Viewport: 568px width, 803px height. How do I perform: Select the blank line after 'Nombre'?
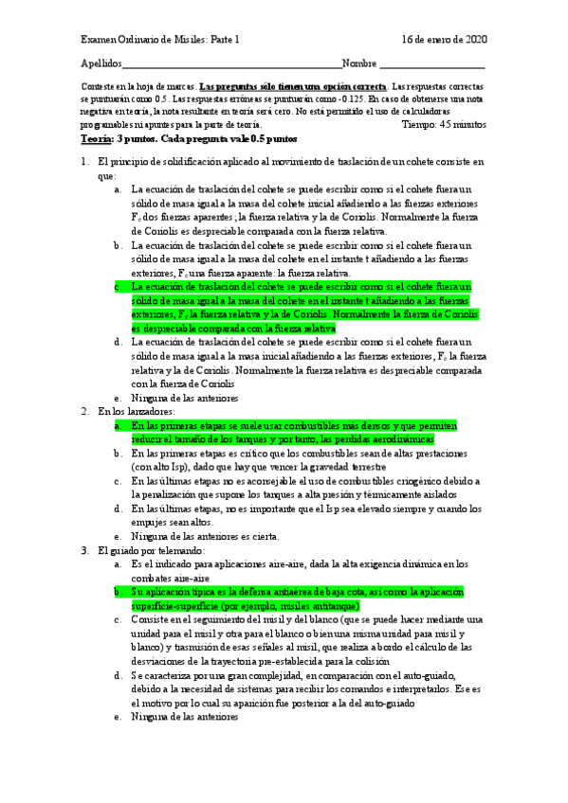pos(431,64)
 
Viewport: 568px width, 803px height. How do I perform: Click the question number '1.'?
pos(85,162)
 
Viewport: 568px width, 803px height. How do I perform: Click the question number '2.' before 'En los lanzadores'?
pos(85,385)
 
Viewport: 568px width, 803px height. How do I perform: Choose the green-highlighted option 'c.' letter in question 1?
pos(118,285)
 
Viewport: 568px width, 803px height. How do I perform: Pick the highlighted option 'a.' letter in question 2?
pos(118,400)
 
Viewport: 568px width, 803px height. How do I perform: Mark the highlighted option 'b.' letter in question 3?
pos(118,592)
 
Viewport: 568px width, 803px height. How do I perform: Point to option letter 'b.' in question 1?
pos(118,245)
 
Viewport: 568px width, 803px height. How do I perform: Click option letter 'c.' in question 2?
pos(118,481)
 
